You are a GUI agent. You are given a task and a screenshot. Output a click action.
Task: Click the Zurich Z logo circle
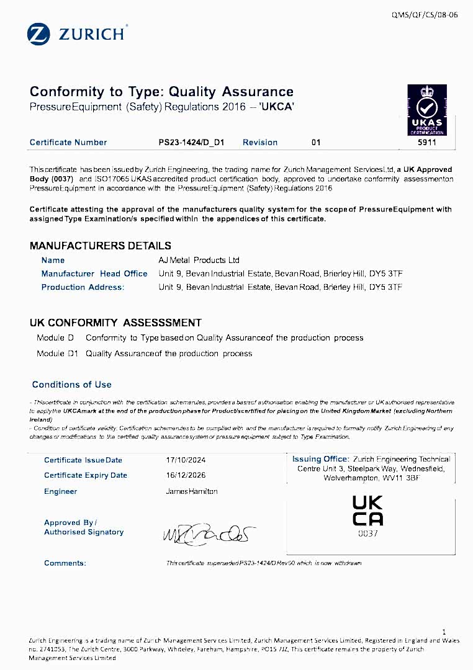pyautogui.click(x=38, y=34)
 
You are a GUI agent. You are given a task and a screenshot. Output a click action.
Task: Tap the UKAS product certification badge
pyautogui.click(x=426, y=110)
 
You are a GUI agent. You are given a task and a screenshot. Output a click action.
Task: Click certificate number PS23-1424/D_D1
pyautogui.click(x=191, y=143)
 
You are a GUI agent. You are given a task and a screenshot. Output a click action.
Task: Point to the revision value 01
pyautogui.click(x=316, y=143)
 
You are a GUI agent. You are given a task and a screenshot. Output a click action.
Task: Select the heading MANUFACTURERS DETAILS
pyautogui.click(x=101, y=246)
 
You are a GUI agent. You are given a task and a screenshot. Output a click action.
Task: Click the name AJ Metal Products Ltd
pyautogui.click(x=199, y=260)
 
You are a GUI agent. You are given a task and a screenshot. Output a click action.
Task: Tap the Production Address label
pyautogui.click(x=83, y=287)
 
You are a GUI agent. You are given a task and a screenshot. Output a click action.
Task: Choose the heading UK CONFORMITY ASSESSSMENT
pyautogui.click(x=115, y=323)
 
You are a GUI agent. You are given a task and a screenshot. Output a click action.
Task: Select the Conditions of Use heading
pyautogui.click(x=71, y=385)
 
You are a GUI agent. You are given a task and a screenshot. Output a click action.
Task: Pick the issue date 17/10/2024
pyautogui.click(x=186, y=460)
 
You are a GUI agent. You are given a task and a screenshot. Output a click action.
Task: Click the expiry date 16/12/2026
pyautogui.click(x=186, y=475)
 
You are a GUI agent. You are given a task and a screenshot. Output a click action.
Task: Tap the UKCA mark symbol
pyautogui.click(x=367, y=511)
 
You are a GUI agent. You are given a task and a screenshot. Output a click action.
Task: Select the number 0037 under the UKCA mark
pyautogui.click(x=367, y=533)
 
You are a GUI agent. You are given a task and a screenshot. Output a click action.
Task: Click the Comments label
pyautogui.click(x=65, y=563)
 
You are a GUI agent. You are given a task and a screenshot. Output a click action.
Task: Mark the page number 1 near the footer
pyautogui.click(x=444, y=632)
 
